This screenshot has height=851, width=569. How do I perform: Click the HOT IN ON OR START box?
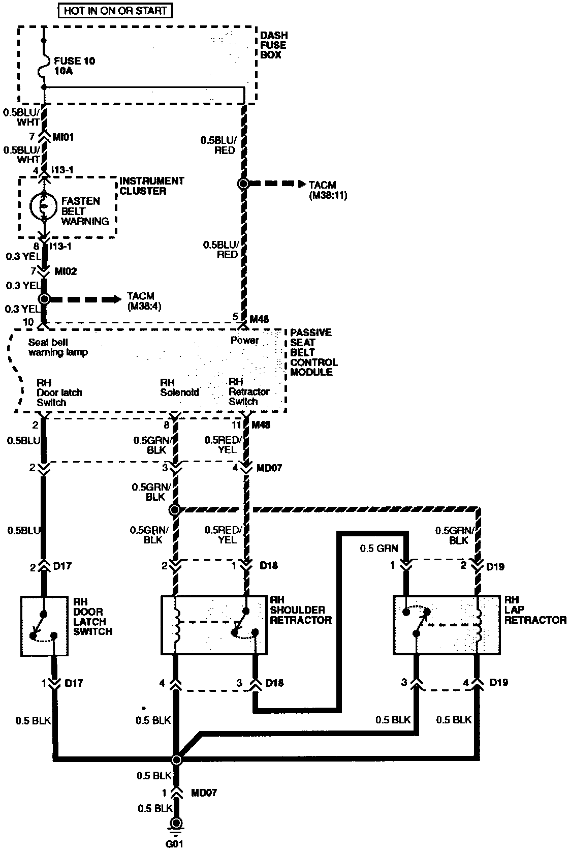115,10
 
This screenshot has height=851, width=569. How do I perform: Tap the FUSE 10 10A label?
74,66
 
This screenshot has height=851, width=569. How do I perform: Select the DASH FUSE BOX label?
273,45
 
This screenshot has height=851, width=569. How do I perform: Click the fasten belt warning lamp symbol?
44,206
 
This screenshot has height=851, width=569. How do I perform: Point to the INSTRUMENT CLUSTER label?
151,186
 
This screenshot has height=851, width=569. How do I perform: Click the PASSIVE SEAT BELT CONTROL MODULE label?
313,352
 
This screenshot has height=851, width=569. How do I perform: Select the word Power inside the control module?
244,340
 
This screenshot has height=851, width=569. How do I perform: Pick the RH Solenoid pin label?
179,387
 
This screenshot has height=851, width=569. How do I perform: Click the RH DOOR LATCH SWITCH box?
44,626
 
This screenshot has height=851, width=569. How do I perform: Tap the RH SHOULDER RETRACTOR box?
214,625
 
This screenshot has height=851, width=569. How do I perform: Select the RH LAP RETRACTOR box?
445,625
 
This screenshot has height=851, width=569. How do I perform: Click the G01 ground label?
176,844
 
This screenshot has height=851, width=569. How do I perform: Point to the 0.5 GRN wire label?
379,549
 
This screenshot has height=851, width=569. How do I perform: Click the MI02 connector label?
66,271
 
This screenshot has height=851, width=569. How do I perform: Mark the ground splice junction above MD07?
176,759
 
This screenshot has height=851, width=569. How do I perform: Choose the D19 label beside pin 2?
495,566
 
